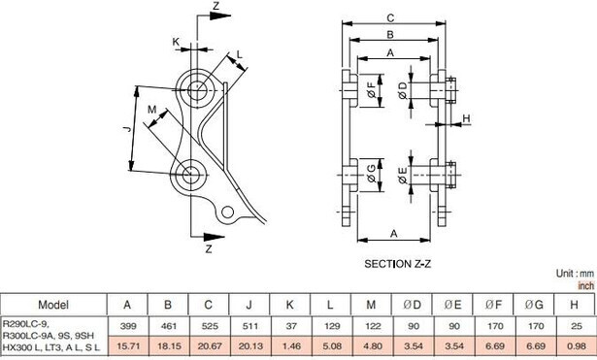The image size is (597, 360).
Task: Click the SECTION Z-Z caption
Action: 397,264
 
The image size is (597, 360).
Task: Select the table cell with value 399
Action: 127,326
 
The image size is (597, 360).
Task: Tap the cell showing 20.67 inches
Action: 209,346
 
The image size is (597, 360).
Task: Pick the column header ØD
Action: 412,305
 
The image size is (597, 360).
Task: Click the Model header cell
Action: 53,305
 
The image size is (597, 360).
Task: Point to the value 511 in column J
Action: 249,326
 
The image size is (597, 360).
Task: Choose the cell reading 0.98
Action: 576,346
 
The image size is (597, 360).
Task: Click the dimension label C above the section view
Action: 390,17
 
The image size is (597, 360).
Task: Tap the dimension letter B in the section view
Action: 390,35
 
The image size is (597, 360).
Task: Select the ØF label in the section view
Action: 372,91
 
